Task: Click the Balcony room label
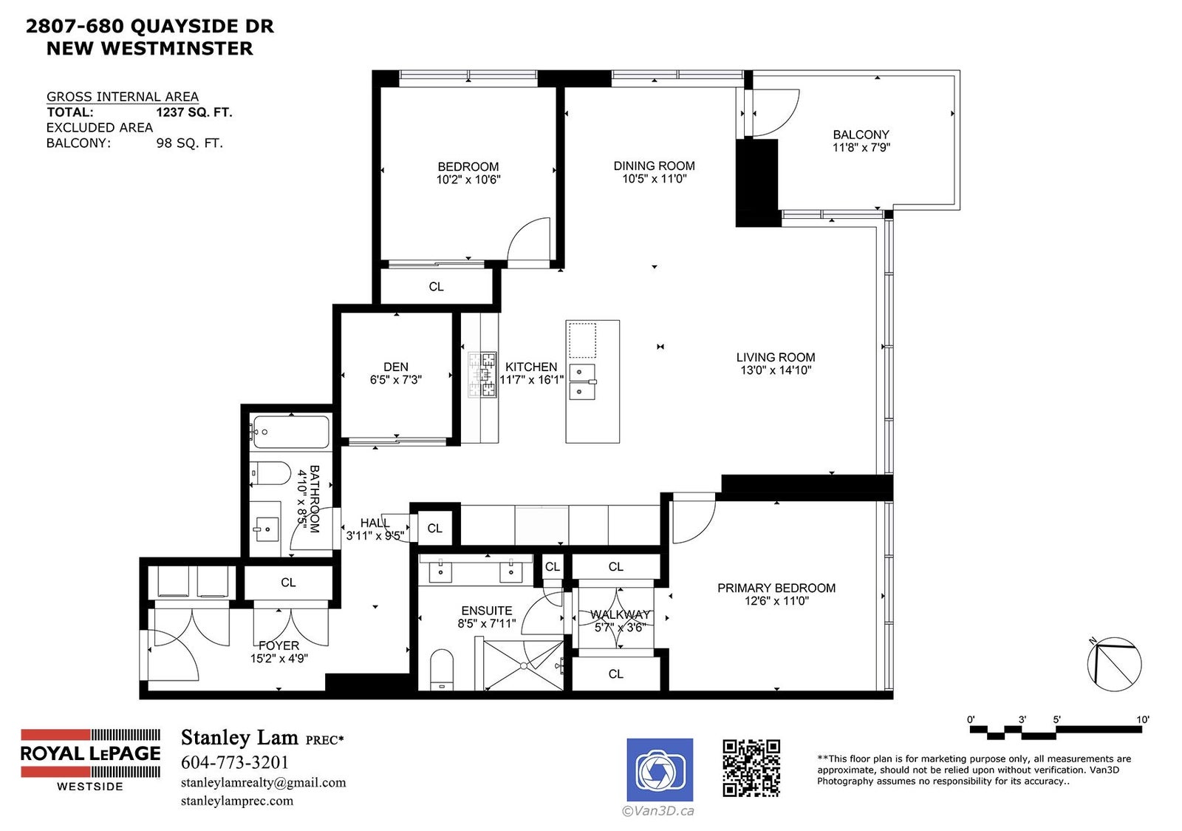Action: [x=861, y=135]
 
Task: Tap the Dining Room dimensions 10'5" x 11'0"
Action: [x=654, y=178]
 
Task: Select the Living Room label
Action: [x=775, y=357]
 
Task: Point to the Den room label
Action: [x=396, y=367]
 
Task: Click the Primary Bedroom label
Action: [x=776, y=589]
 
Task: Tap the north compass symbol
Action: [x=1114, y=664]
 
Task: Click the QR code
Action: [x=751, y=767]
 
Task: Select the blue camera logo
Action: [x=660, y=770]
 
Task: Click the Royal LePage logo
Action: [x=90, y=760]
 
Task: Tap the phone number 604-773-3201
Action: [x=235, y=762]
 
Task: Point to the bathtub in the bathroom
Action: [x=291, y=432]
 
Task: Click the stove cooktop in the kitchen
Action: [x=482, y=375]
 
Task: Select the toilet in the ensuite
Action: [x=442, y=670]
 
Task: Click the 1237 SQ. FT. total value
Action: [x=194, y=112]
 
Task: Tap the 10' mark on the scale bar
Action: [x=1142, y=719]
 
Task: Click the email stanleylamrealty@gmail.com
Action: [x=263, y=782]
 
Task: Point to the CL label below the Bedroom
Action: [x=436, y=287]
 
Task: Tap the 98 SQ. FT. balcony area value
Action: [x=189, y=143]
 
